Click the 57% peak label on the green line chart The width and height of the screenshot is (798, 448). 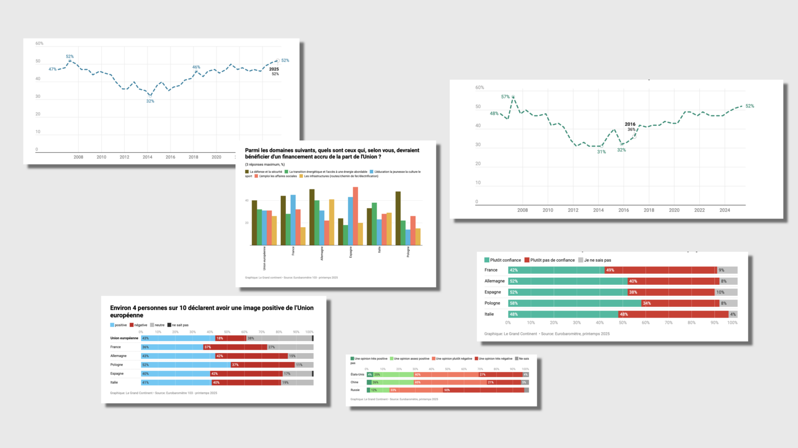point(505,97)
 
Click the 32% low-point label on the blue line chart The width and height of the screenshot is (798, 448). point(150,101)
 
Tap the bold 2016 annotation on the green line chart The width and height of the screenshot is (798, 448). point(630,124)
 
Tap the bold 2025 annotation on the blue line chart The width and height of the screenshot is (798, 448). point(274,69)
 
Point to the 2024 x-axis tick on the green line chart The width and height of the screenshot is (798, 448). point(725,210)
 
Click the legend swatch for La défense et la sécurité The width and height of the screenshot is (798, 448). point(247,172)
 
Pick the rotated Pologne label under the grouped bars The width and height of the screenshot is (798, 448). point(408,252)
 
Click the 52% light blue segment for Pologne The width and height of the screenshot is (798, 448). point(186,365)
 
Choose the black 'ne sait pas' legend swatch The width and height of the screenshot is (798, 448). point(169,325)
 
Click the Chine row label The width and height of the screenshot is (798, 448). point(355,382)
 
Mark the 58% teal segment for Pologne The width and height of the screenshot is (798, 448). point(575,303)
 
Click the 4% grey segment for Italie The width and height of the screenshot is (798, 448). point(733,314)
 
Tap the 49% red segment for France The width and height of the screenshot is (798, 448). point(660,270)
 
